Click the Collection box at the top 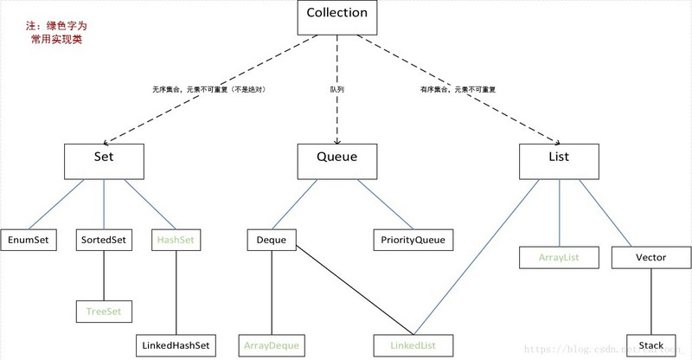pyautogui.click(x=337, y=14)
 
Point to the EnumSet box pyautogui.click(x=29, y=240)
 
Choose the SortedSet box pyautogui.click(x=104, y=240)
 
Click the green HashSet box pyautogui.click(x=176, y=240)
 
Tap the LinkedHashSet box pyautogui.click(x=176, y=345)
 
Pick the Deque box pyautogui.click(x=272, y=240)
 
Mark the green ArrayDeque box pyautogui.click(x=272, y=345)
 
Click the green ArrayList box pyautogui.click(x=559, y=257)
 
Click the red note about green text pyautogui.click(x=57, y=34)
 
